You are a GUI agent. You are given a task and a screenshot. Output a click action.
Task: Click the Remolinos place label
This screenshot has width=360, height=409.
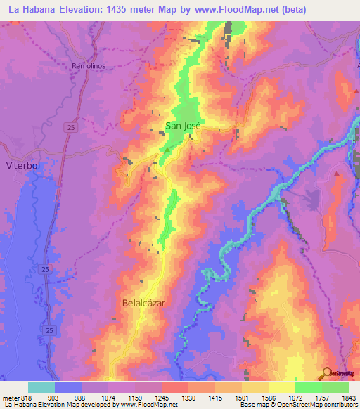(89, 66)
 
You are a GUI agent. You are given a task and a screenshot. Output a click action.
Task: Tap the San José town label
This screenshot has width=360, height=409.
(183, 126)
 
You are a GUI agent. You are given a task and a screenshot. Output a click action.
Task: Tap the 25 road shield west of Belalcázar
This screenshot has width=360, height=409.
(44, 270)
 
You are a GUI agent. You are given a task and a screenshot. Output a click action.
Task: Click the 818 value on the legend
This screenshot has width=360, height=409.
(26, 398)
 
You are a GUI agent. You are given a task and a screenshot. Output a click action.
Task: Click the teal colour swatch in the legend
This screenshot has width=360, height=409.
(41, 387)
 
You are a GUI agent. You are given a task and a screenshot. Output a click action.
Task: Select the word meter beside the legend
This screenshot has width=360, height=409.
(11, 398)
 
